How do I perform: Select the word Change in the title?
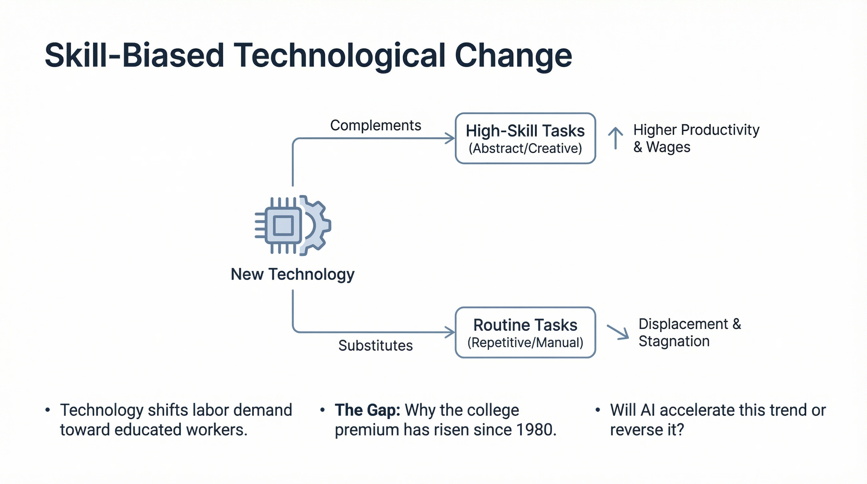pyautogui.click(x=513, y=56)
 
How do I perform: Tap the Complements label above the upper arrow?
pyautogui.click(x=375, y=125)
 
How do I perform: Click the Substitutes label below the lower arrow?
pyautogui.click(x=375, y=346)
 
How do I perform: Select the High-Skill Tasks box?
pyautogui.click(x=525, y=138)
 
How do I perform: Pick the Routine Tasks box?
pyautogui.click(x=525, y=332)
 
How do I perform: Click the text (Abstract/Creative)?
pyautogui.click(x=525, y=148)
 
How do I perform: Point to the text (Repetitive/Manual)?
pyautogui.click(x=525, y=343)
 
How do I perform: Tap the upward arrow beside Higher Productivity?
pyautogui.click(x=615, y=138)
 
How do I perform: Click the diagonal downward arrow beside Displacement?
pyautogui.click(x=618, y=332)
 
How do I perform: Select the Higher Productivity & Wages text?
pyautogui.click(x=696, y=138)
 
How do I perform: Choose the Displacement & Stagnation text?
pyautogui.click(x=689, y=332)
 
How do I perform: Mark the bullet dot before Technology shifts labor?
pyautogui.click(x=48, y=410)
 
